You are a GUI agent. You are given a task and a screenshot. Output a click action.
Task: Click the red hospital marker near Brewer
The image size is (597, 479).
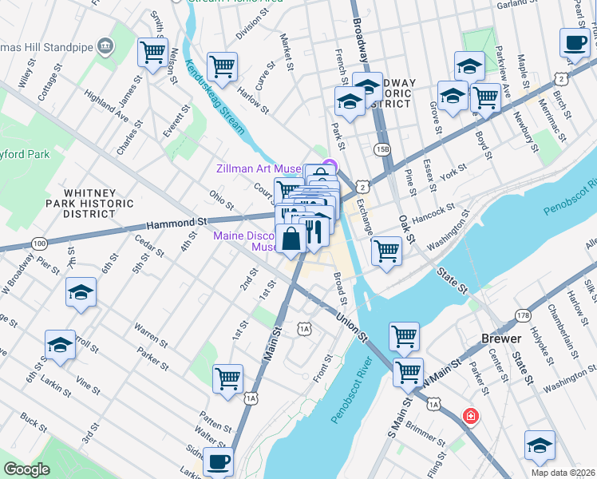tap(471, 416)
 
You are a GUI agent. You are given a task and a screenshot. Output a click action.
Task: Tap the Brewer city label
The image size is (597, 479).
tap(501, 338)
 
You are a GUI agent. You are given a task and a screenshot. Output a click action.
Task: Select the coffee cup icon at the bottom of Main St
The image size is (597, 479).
tap(218, 461)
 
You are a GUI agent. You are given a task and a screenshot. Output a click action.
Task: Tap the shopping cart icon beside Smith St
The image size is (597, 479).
tap(152, 53)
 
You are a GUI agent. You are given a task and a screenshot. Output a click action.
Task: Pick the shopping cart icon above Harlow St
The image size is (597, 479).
tap(221, 66)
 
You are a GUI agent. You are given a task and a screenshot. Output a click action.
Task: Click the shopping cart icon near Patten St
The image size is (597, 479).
tap(227, 378)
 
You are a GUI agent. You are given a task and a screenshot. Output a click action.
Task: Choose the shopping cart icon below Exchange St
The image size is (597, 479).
tap(386, 250)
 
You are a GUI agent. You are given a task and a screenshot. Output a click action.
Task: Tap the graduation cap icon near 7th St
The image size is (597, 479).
tap(81, 293)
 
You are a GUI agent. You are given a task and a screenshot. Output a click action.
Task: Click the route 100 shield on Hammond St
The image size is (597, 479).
tap(38, 243)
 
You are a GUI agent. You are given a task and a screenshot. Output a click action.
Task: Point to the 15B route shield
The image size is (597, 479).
tap(382, 149)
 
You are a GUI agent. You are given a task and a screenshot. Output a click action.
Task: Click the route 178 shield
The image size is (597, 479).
tap(523, 315)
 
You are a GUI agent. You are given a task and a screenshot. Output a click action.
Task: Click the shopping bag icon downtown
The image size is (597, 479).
tap(291, 238)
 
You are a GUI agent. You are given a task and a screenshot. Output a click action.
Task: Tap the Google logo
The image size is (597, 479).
tap(27, 469)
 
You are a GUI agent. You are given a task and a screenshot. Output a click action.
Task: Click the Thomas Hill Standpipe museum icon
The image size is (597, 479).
tap(105, 46)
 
